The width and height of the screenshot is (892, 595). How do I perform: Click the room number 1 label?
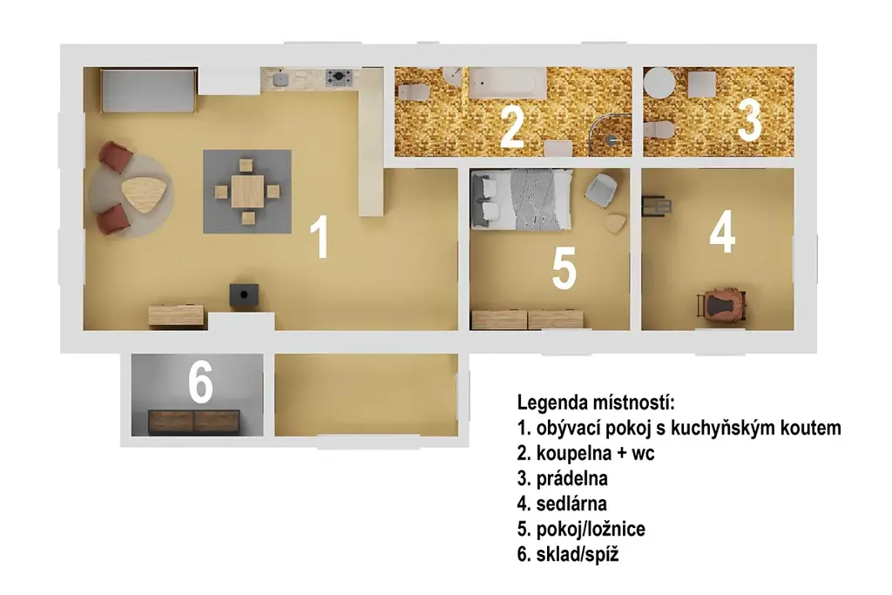coord(321,237)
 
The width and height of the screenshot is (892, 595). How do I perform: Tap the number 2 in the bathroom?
coord(512,127)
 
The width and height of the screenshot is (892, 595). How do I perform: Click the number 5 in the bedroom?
coord(564,268)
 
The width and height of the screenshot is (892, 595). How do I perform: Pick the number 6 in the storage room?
coord(201,382)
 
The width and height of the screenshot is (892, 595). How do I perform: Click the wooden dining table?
coord(247,192)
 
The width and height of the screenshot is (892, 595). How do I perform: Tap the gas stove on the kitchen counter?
coord(339,76)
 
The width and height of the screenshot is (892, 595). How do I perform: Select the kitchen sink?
coord(280,78)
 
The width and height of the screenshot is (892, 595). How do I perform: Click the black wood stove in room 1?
coord(244,295)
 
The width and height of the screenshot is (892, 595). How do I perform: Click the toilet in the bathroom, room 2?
coord(413,92)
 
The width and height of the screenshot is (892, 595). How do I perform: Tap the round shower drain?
coord(612,139)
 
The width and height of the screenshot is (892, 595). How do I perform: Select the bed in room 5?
coord(521,199)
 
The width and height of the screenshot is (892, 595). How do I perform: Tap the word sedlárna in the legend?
coord(571,504)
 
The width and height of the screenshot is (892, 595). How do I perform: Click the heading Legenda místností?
coord(596,402)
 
